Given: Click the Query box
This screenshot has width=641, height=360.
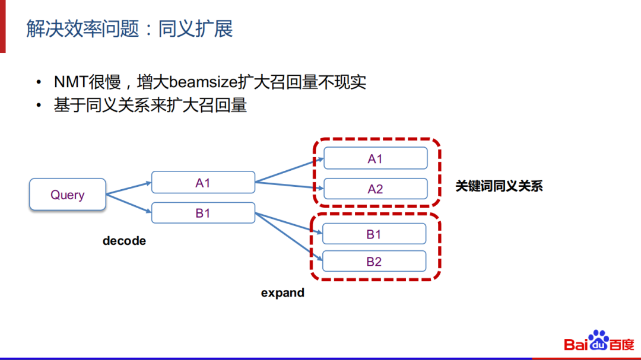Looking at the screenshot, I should [67, 195].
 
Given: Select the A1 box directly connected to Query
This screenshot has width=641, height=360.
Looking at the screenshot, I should [203, 183].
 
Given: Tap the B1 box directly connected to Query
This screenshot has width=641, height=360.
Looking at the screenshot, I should [203, 213].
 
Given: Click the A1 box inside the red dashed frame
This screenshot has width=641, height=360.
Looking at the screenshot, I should [375, 158].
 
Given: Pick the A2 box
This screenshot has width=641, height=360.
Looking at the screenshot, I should [375, 189].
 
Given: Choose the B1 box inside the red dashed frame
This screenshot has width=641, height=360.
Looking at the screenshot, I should [374, 234].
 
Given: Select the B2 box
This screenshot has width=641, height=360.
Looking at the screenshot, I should [374, 262].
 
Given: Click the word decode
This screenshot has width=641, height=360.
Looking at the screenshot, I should [124, 241].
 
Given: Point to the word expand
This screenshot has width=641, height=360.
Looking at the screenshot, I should [283, 292].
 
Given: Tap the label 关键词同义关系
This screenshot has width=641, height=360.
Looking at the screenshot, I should [499, 186].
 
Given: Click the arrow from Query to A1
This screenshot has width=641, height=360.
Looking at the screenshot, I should [128, 188].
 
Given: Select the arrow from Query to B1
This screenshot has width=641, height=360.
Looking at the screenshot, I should [128, 203].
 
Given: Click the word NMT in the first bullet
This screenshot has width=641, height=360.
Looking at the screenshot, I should [69, 82].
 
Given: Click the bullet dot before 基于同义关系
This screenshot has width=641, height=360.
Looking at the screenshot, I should [39, 106].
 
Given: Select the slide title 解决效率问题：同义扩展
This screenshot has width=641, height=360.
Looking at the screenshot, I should [129, 28].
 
